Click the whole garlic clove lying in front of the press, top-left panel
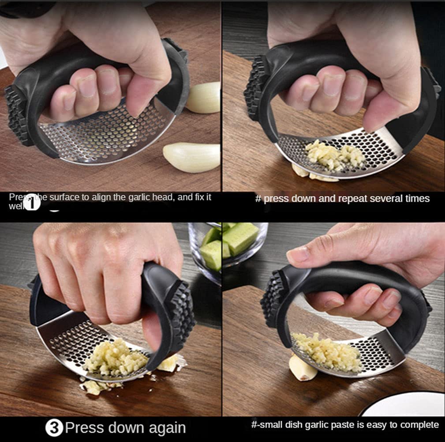click(191, 157)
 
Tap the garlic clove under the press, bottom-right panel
click(303, 367)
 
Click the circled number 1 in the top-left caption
click(33, 204)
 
